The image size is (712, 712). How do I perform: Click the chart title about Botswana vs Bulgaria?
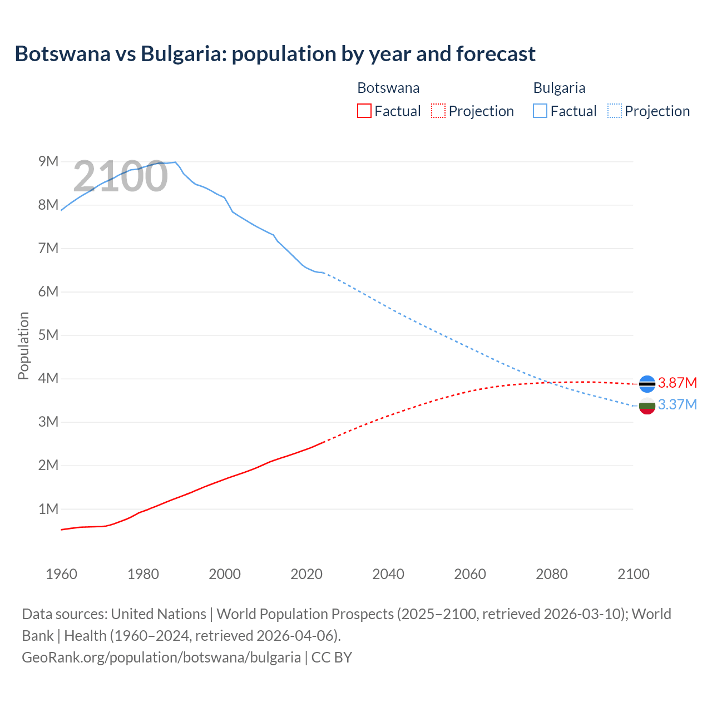pos(275,54)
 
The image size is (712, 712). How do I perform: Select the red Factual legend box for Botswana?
pos(364,111)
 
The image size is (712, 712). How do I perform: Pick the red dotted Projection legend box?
pos(438,111)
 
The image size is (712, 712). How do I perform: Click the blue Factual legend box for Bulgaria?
pos(540,111)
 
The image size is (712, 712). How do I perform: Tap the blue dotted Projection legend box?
pos(614,111)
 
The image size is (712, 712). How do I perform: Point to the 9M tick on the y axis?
pos(48,161)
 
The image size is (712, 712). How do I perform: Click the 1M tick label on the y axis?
pos(48,509)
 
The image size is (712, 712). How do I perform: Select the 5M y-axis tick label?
pos(48,335)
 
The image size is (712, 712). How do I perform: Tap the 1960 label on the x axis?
pos(61,574)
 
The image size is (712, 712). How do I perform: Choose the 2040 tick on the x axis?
pos(388,574)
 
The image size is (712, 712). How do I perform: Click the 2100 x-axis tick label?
pos(633,574)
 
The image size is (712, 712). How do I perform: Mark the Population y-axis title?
pos(23,345)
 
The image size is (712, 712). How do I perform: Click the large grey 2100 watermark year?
pos(120,176)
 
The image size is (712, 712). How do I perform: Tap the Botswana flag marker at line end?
pos(647,384)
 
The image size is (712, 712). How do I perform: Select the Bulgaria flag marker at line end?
pos(647,406)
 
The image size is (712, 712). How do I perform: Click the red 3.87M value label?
pos(677,383)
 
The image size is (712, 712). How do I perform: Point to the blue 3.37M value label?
pos(677,404)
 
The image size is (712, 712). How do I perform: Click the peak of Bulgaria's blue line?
pos(175,162)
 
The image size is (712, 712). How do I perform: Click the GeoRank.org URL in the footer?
pos(161,657)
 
